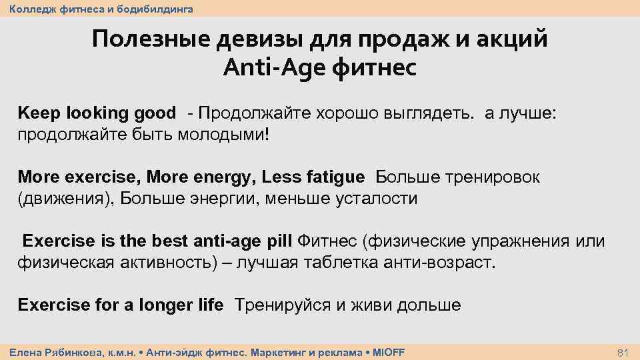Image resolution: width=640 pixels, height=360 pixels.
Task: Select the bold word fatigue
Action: [x=335, y=177]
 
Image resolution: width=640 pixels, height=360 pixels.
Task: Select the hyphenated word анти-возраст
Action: [x=441, y=262]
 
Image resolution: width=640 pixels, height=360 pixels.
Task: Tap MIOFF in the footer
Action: [x=388, y=351]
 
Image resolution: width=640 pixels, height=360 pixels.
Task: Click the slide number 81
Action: [x=624, y=351]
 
